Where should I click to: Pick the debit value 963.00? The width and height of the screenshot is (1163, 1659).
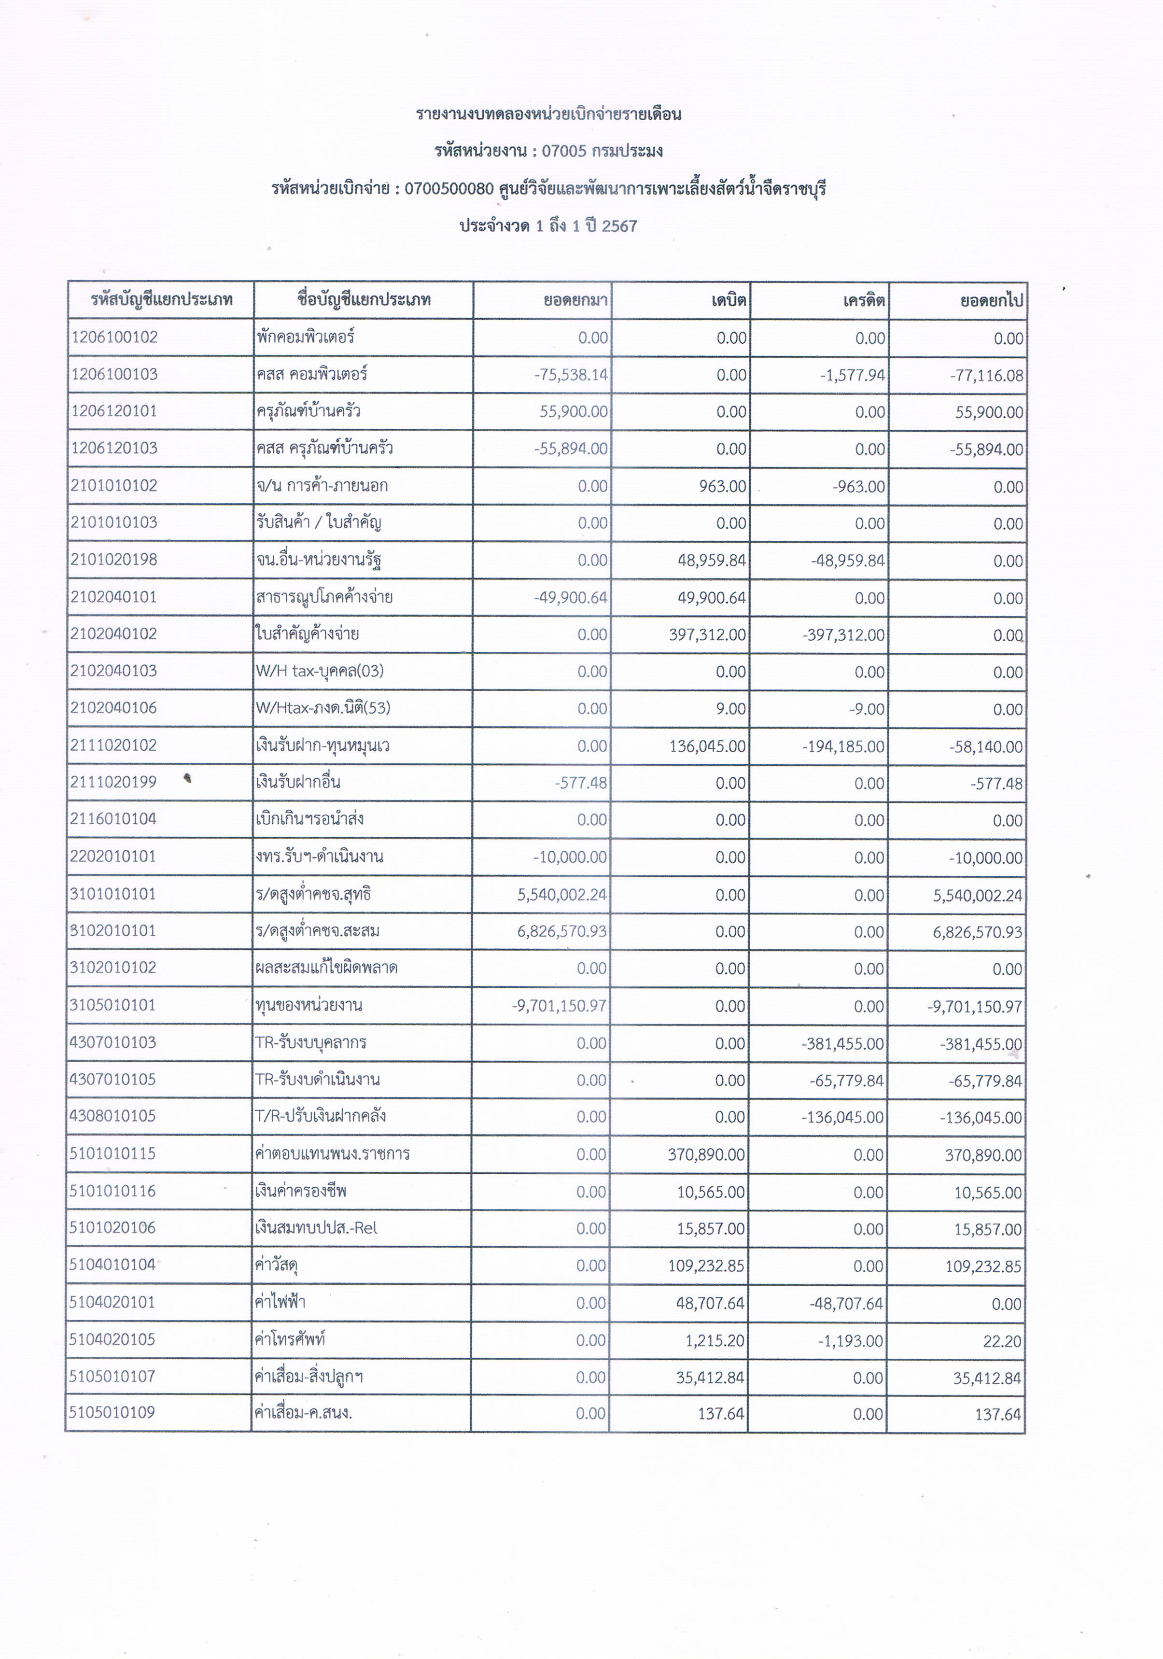[x=722, y=486]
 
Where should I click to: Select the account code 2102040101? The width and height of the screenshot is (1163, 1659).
[x=113, y=597]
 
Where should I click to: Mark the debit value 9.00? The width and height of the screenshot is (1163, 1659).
[x=732, y=709]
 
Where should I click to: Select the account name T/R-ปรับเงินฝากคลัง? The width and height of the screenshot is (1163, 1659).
[x=320, y=1116]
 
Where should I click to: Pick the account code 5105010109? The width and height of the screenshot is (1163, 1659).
[x=112, y=1413]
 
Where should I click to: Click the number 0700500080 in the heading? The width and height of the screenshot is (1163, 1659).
[x=448, y=189]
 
